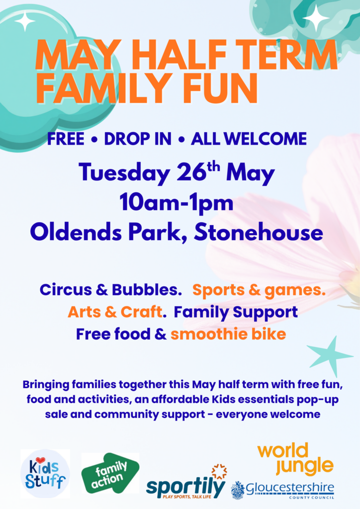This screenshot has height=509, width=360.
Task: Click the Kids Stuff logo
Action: pos(45,474)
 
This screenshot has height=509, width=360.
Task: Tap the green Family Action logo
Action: pos(110,473)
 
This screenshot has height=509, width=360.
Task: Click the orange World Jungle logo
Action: pos(295,459)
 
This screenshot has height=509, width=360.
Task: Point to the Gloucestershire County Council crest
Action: pos(238,490)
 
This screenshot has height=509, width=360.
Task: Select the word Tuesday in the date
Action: pos(124,172)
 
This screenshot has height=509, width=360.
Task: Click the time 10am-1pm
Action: pos(177,203)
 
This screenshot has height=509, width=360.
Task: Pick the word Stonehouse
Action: pos(259,233)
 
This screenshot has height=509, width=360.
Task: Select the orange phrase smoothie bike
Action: pos(228,334)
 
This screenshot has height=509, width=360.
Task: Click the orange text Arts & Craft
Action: pos(115,312)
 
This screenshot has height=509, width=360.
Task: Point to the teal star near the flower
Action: pos(330,356)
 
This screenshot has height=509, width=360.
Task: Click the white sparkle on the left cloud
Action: pos(25,21)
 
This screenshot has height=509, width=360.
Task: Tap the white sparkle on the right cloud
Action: pos(316,18)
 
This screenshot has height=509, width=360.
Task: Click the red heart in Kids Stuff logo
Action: pos(40,460)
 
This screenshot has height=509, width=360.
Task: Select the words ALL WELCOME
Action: pos(249,139)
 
